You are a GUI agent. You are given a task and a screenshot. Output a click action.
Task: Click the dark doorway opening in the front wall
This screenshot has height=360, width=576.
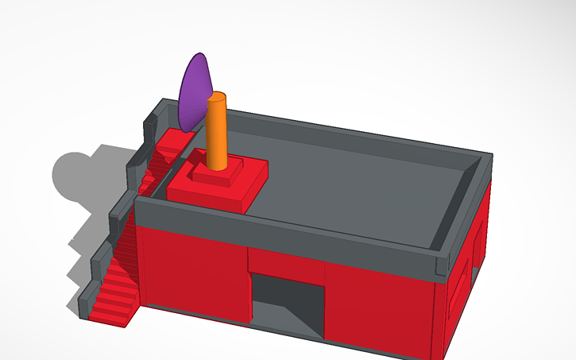click(x=286, y=298)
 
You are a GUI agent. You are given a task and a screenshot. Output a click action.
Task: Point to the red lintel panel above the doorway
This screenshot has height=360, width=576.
click(x=286, y=258)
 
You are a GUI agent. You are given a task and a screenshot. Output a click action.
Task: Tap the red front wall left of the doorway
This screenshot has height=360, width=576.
click(x=191, y=270)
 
